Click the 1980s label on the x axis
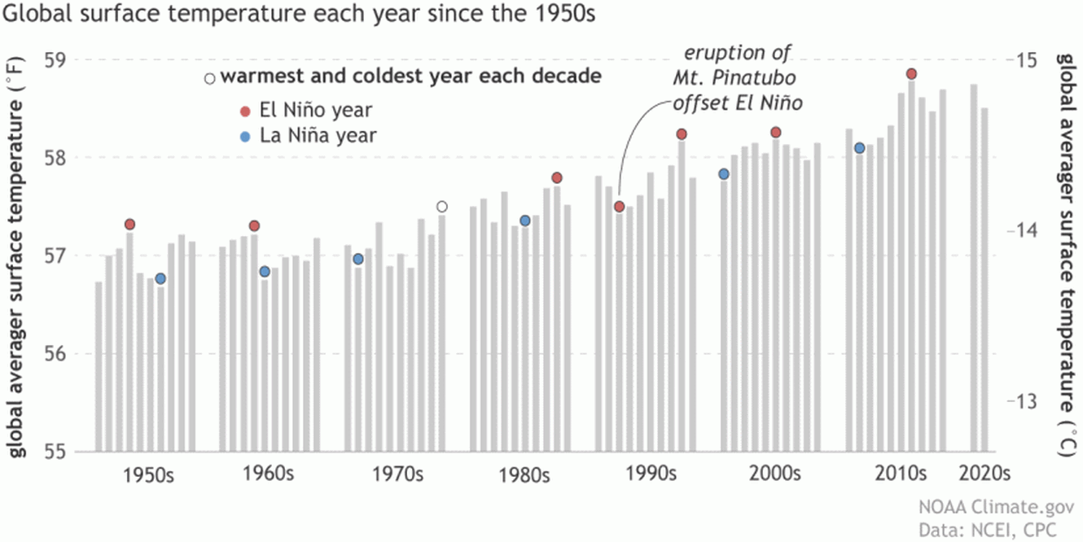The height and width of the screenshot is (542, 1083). [x=524, y=474]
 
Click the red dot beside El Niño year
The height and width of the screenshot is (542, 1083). [x=245, y=110]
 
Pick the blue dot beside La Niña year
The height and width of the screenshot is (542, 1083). [x=245, y=135]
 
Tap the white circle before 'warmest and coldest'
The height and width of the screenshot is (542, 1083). [x=210, y=79]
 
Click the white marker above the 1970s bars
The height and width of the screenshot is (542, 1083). [x=442, y=206]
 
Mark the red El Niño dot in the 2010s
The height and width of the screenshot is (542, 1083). [x=911, y=74]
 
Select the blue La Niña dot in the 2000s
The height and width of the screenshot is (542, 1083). [x=724, y=173]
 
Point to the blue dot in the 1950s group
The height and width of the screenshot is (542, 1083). [x=160, y=278]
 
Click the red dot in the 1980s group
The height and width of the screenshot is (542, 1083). [x=557, y=177]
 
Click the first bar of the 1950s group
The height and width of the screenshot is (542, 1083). [x=99, y=366]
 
